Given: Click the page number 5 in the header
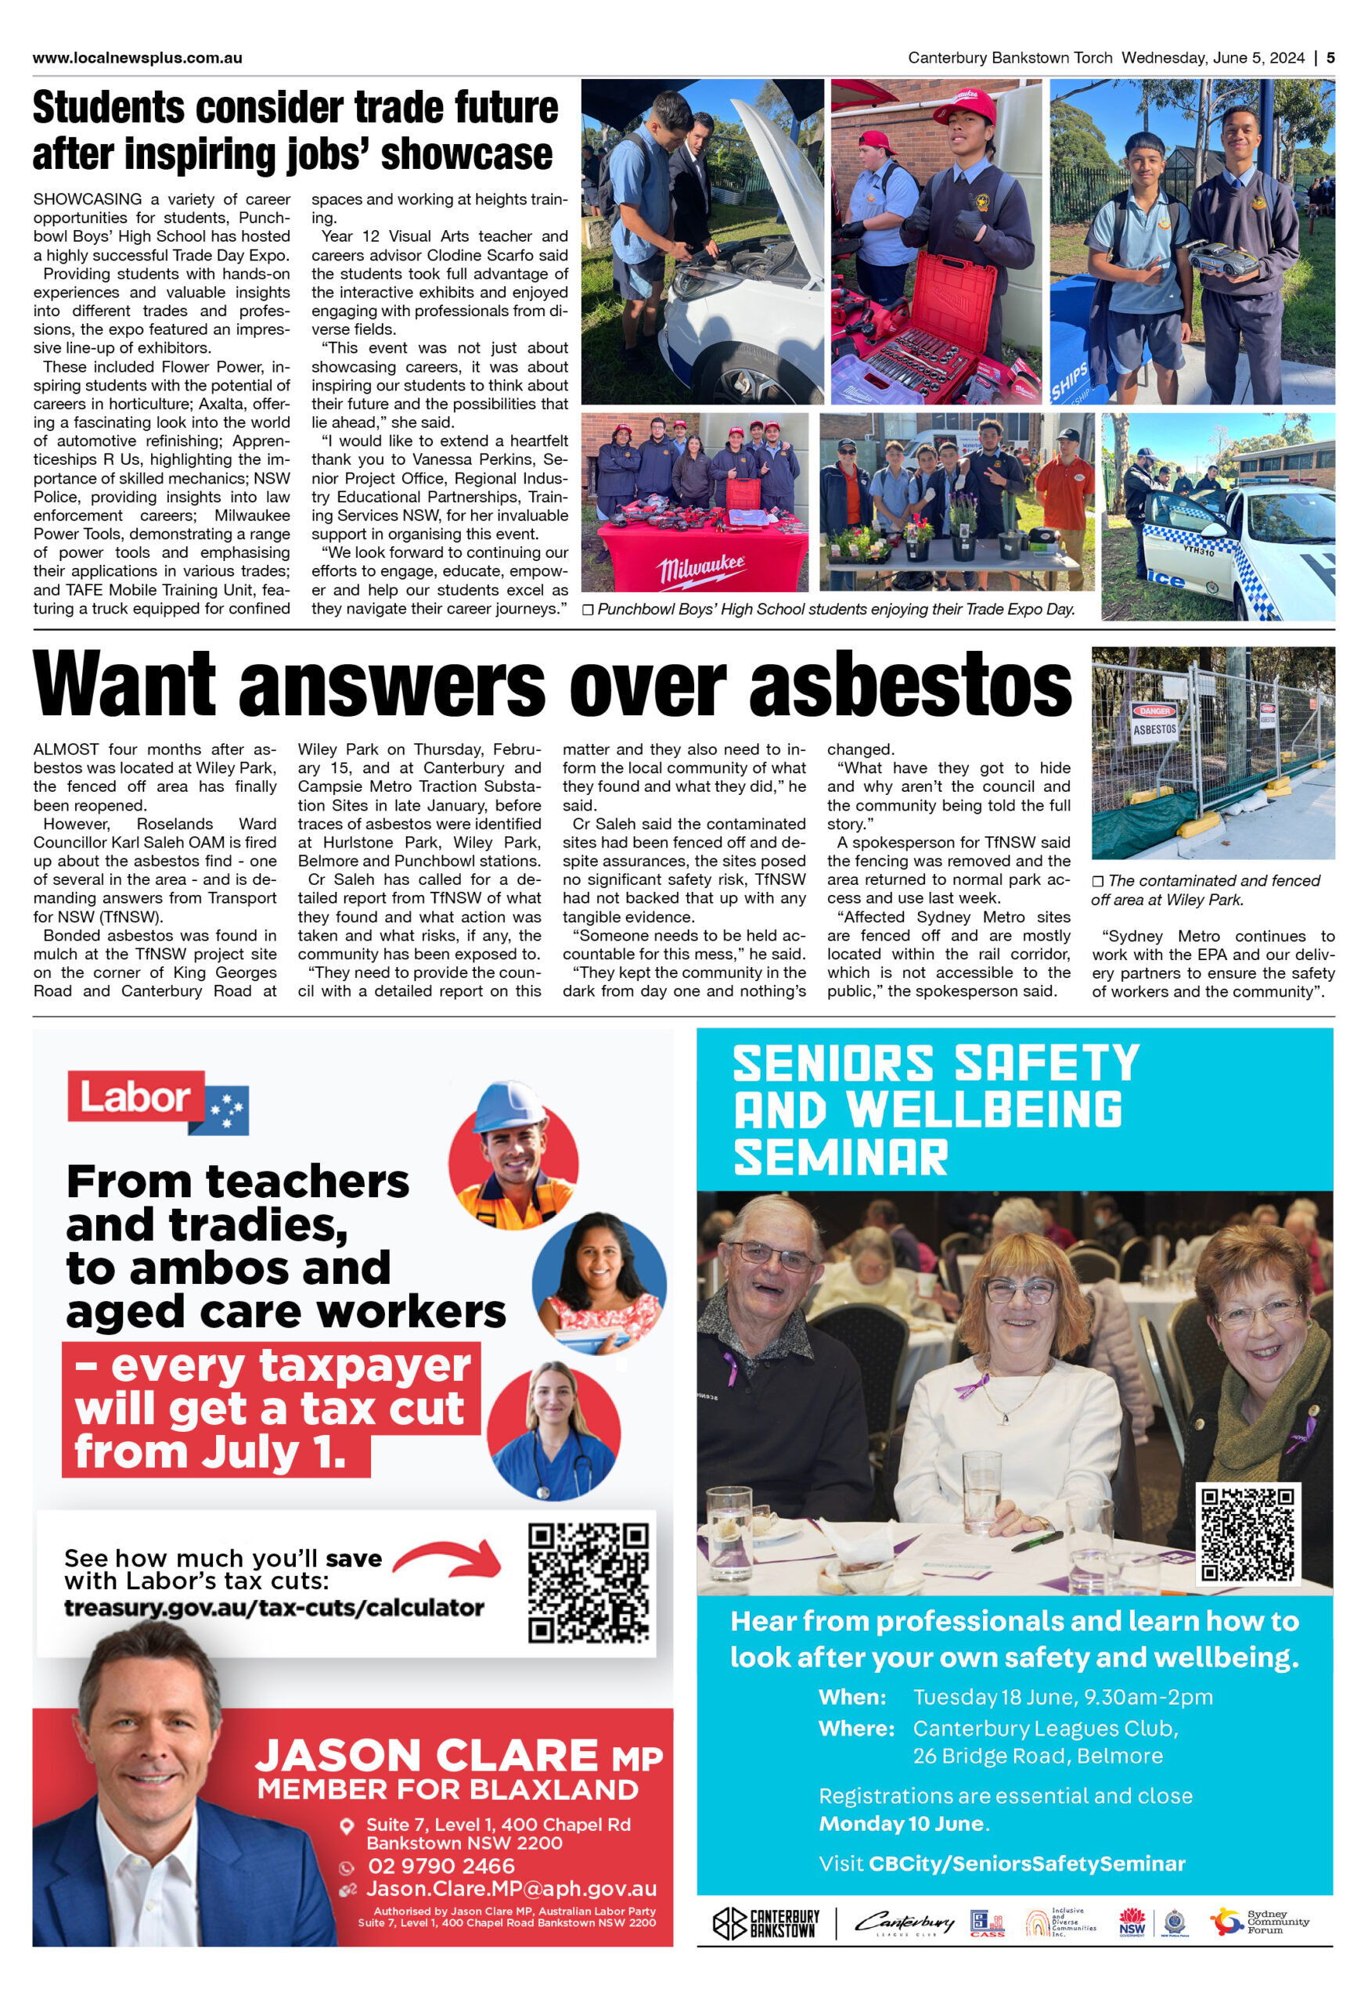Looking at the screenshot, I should coord(1330,58).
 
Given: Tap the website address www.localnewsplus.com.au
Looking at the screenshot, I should coord(137,58).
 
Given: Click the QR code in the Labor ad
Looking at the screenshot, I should coord(588,1582).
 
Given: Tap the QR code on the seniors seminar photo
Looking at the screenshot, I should coord(1247,1534).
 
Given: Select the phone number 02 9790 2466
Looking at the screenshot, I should coord(441,1866).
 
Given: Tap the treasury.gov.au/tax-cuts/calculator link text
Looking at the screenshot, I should coord(273,1607).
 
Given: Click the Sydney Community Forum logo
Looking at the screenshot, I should coord(1259,1921).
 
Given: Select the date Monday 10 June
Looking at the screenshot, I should coord(901,1823).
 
